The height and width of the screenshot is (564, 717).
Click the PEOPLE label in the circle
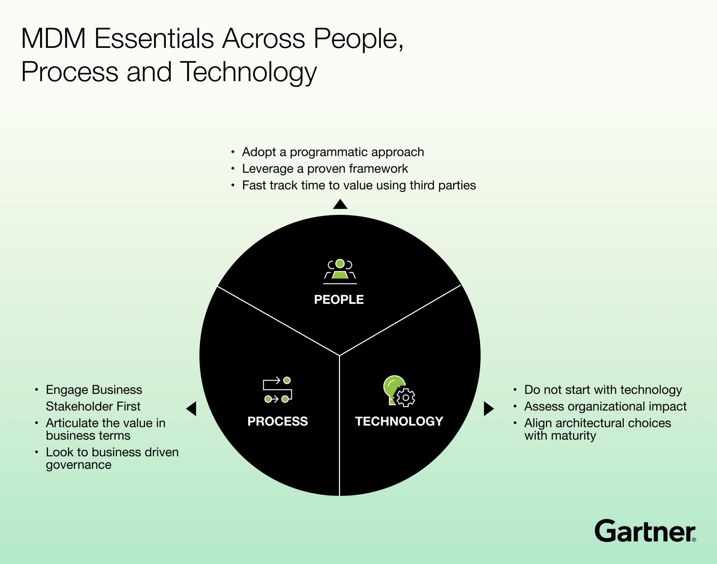point(339,299)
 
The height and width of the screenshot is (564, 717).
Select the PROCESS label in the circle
point(278,421)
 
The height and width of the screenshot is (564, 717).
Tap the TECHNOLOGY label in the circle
point(399,421)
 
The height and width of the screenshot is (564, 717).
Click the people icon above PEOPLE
point(340,272)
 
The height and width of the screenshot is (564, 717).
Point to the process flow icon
point(278,390)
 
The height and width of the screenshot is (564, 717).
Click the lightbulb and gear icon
point(399,391)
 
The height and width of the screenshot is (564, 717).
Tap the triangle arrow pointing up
point(340,204)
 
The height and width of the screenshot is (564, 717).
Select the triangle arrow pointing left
point(192,409)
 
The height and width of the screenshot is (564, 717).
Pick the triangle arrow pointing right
point(489,409)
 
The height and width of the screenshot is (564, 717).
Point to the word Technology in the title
point(248,72)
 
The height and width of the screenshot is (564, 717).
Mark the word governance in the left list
point(79,465)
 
